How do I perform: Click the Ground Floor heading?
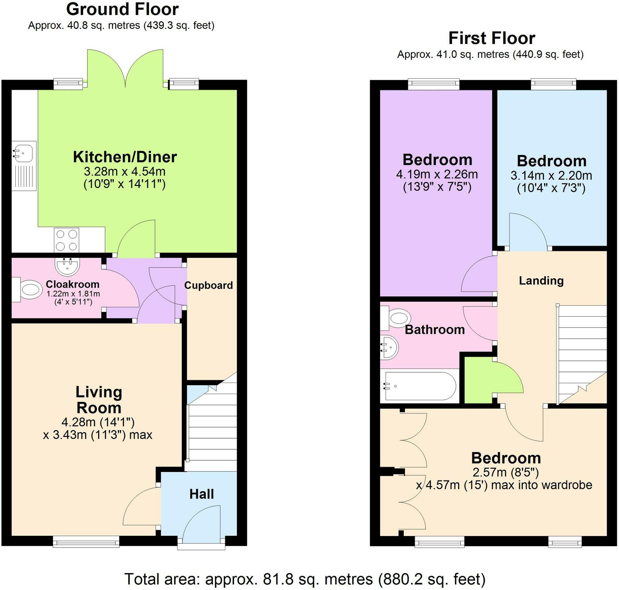pyautogui.click(x=122, y=9)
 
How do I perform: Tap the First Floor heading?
pyautogui.click(x=492, y=38)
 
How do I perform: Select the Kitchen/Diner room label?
pyautogui.click(x=125, y=157)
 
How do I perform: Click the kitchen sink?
pyautogui.click(x=24, y=166)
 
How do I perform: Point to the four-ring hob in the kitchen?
pyautogui.click(x=66, y=240)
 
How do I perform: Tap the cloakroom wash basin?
pyautogui.click(x=67, y=267)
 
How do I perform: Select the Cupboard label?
pyautogui.click(x=208, y=285)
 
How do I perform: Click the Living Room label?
pyautogui.click(x=99, y=400)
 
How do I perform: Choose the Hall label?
pyautogui.click(x=202, y=494)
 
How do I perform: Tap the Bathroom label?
pyautogui.click(x=435, y=330)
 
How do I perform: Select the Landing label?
pyautogui.click(x=541, y=281)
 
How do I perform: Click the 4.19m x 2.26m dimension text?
pyautogui.click(x=437, y=174)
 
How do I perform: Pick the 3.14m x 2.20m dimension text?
pyautogui.click(x=551, y=176)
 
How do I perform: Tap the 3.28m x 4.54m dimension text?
pyautogui.click(x=125, y=171)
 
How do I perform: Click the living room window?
pyautogui.click(x=86, y=542)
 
